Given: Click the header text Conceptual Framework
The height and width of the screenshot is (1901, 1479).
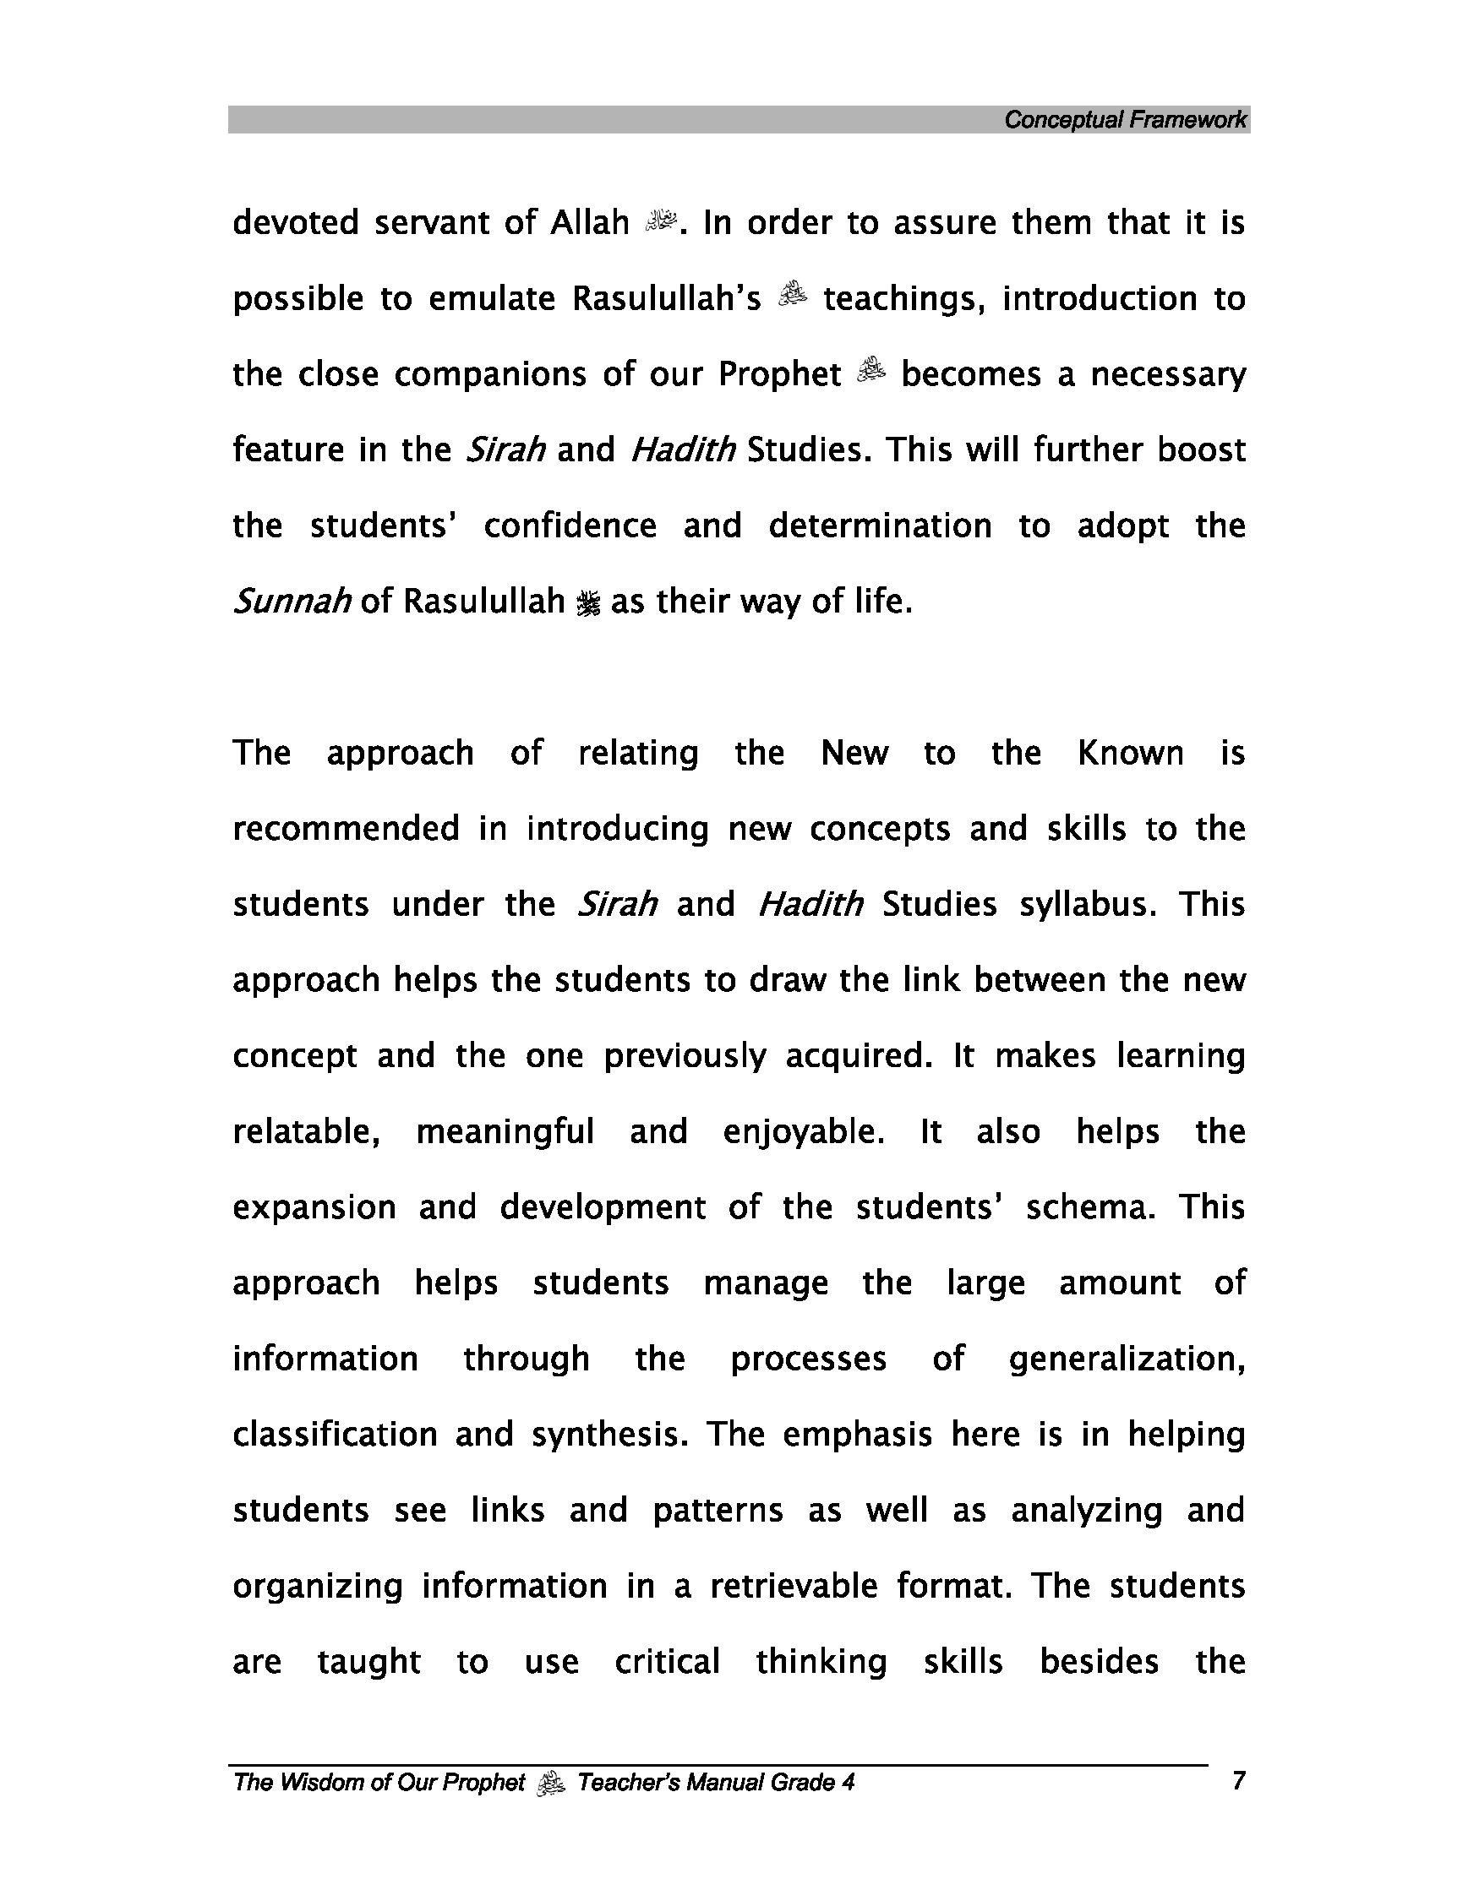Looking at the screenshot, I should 1125,120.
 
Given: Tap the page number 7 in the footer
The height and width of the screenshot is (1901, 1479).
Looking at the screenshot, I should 1239,1781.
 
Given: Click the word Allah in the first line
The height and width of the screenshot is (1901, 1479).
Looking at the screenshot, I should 589,223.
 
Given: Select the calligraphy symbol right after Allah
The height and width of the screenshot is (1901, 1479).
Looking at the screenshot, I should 661,222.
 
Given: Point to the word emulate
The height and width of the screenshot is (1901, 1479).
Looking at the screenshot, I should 492,298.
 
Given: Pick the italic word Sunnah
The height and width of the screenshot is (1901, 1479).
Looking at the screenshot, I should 292,602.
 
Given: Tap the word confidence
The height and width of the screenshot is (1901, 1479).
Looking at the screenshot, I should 570,526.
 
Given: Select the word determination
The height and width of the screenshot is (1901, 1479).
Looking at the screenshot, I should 880,526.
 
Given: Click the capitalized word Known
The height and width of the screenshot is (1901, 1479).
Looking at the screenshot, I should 1130,753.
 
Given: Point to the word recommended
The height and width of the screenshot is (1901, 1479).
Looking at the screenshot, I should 346,829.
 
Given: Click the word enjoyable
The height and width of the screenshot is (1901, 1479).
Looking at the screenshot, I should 804,1132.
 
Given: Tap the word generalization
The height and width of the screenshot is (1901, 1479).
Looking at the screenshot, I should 1127,1359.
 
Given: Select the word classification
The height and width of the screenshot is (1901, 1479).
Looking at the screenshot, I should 336,1435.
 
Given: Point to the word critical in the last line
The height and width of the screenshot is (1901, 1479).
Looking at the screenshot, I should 668,1662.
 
